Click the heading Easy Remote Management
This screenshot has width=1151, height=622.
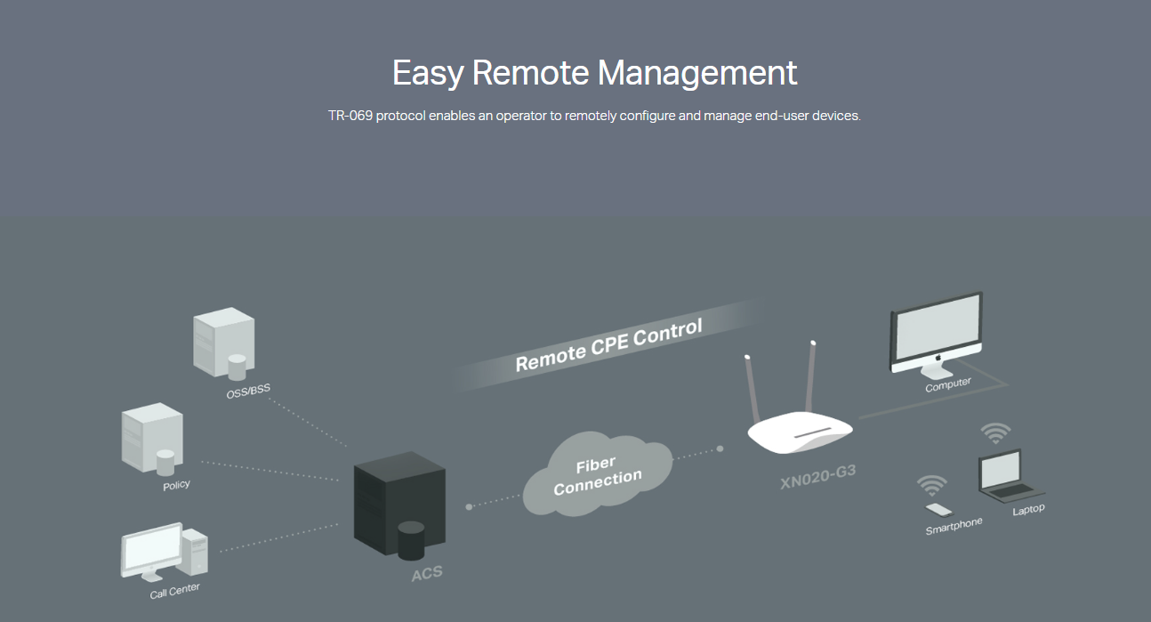point(594,73)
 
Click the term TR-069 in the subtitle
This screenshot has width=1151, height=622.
point(350,117)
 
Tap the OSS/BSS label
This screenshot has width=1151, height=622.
point(248,392)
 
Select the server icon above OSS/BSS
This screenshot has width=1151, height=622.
point(223,343)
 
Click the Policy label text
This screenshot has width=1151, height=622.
point(176,485)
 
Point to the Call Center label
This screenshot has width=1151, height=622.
point(175,590)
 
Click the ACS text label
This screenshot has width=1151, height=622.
point(426,575)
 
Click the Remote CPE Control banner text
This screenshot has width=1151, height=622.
point(608,345)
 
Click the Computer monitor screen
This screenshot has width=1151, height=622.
point(935,333)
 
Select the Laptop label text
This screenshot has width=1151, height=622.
point(1028,510)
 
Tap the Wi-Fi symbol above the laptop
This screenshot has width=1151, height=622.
point(995,434)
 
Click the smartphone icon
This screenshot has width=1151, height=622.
point(938,510)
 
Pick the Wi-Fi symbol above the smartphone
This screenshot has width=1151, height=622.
point(931,485)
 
